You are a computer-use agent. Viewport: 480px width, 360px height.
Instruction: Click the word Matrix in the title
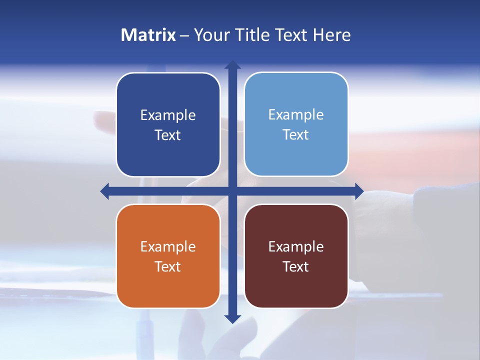(x=148, y=35)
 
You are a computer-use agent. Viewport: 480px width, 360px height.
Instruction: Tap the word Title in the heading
(x=252, y=35)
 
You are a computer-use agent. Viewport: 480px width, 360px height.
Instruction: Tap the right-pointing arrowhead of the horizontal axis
(x=359, y=191)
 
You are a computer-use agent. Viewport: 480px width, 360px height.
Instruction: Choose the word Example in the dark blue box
(x=168, y=115)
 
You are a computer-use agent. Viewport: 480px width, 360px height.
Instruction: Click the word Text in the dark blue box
(x=168, y=135)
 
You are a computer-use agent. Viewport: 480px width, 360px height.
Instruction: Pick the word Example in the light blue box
(x=296, y=115)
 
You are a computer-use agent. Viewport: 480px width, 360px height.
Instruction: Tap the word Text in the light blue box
(x=296, y=135)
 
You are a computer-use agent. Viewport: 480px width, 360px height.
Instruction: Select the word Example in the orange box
(x=168, y=247)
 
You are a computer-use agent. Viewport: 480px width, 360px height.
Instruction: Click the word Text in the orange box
(x=168, y=267)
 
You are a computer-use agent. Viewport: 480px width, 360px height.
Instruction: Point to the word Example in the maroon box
(x=296, y=247)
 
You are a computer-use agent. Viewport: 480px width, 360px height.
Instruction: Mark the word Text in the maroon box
(x=296, y=267)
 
